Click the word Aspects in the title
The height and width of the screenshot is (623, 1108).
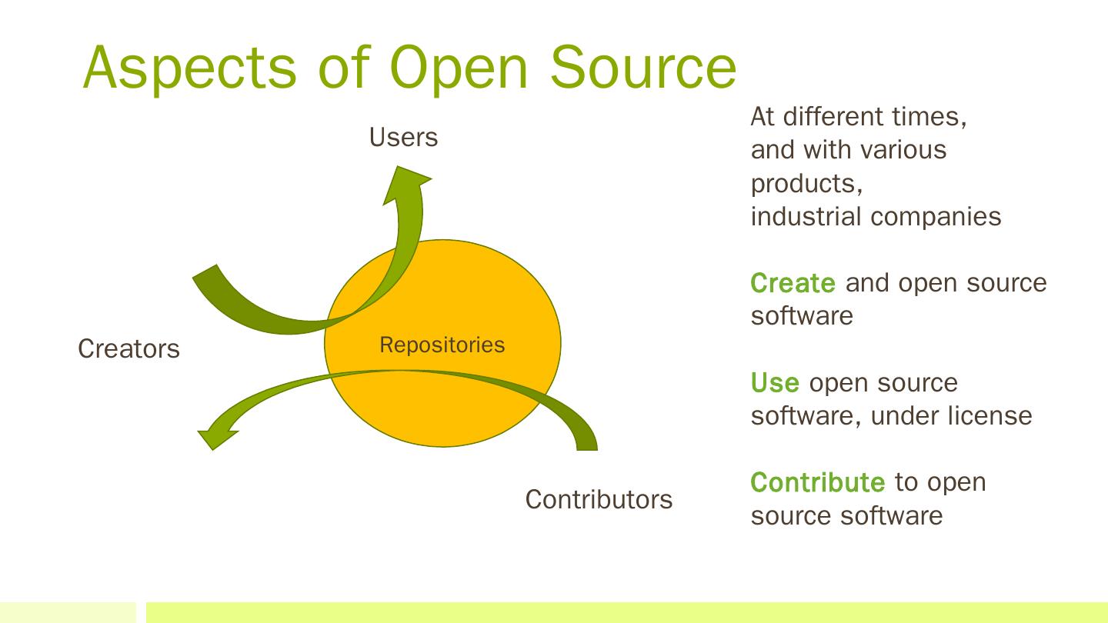[190, 68]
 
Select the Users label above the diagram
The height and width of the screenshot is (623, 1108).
[403, 137]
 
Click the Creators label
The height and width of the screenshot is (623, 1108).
[128, 348]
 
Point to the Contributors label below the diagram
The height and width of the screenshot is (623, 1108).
[599, 499]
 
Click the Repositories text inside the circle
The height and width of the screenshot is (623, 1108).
[442, 345]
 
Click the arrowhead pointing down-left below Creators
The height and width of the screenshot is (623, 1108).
[216, 438]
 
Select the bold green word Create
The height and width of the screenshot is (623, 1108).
[793, 283]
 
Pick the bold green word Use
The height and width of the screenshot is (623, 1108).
[775, 383]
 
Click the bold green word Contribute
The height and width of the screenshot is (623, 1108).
[818, 482]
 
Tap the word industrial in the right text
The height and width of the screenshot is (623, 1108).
[806, 217]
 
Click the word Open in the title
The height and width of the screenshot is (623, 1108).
[459, 69]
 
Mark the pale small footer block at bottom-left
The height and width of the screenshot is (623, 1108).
[68, 612]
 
